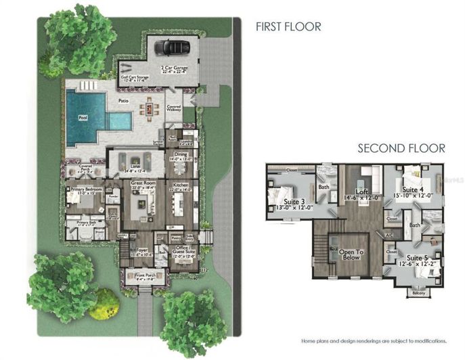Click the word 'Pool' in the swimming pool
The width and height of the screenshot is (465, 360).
(83, 117)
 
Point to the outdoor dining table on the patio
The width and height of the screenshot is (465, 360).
(150, 108)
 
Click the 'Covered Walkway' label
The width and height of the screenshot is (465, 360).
(173, 108)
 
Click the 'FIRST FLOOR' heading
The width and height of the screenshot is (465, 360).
(288, 27)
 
